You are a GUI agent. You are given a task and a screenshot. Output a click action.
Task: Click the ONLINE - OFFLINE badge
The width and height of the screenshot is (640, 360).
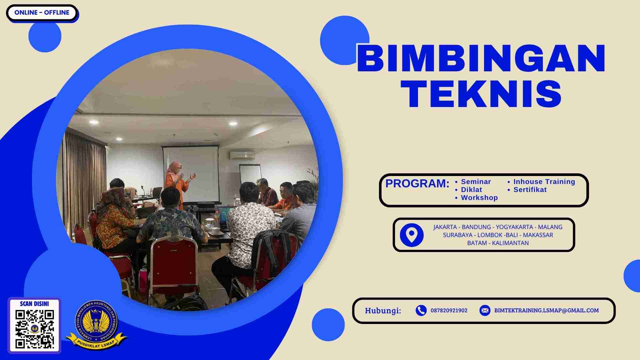42,13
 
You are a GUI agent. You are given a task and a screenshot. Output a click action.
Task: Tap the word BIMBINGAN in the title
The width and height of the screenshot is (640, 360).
481,59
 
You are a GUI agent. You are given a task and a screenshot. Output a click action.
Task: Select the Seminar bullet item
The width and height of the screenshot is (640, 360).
476,182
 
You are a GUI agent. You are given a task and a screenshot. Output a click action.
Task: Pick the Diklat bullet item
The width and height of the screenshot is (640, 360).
471,190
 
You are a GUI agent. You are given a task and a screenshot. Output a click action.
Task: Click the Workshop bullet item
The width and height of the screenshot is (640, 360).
479,198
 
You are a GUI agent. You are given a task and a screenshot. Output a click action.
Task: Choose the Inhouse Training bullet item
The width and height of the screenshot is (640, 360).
544,182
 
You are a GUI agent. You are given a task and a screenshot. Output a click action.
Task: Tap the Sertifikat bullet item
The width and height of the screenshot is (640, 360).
530,190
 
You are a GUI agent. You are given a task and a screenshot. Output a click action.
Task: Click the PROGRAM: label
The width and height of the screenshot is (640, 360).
417,184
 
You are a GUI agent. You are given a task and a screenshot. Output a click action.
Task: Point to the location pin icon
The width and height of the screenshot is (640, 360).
412,235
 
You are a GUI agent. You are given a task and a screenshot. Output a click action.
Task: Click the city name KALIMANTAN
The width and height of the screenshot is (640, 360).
510,243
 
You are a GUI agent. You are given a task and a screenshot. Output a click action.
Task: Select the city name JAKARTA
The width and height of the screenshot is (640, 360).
445,227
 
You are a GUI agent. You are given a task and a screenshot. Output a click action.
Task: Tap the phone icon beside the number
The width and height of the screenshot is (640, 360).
421,310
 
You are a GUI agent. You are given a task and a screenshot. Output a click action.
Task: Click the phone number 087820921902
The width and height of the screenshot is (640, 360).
449,310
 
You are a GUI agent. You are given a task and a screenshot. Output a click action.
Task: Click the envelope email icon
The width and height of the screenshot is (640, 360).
485,310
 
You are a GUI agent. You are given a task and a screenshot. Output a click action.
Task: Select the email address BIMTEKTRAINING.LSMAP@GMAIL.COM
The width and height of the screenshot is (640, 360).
546,310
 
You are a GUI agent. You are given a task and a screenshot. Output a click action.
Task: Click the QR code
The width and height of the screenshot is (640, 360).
35,329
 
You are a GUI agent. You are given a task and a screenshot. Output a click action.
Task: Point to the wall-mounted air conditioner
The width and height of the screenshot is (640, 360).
242,155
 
